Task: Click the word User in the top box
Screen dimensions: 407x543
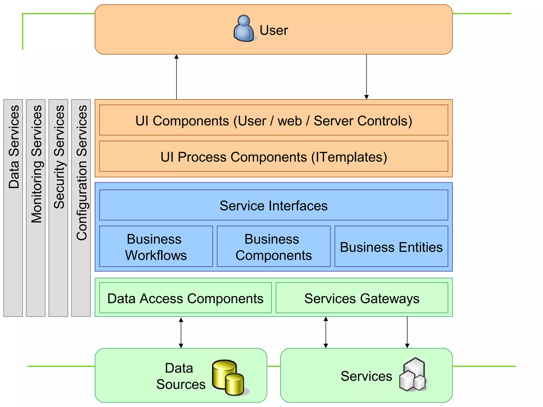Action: (274, 30)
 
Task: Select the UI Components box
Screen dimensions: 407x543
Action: (274, 120)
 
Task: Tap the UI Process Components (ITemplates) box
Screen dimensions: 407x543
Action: (274, 157)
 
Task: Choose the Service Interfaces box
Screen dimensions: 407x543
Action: (274, 205)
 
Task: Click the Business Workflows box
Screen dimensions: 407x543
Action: (156, 247)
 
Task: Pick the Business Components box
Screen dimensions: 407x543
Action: (274, 247)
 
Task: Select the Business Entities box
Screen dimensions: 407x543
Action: (391, 247)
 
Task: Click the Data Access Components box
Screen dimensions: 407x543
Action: (185, 298)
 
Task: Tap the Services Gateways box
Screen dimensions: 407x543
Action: (362, 298)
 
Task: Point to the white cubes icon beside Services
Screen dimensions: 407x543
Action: (413, 375)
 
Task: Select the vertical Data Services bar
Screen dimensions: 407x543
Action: (13, 208)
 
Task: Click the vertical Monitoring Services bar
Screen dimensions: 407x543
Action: (36, 208)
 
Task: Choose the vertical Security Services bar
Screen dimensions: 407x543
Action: (58, 208)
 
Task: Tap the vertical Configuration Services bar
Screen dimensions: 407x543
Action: (81, 208)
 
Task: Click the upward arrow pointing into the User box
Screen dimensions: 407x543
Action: (177, 77)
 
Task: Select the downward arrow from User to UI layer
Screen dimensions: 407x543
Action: (366, 77)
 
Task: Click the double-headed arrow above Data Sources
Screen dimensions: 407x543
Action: (181, 333)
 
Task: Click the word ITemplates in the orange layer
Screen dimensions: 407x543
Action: (349, 157)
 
